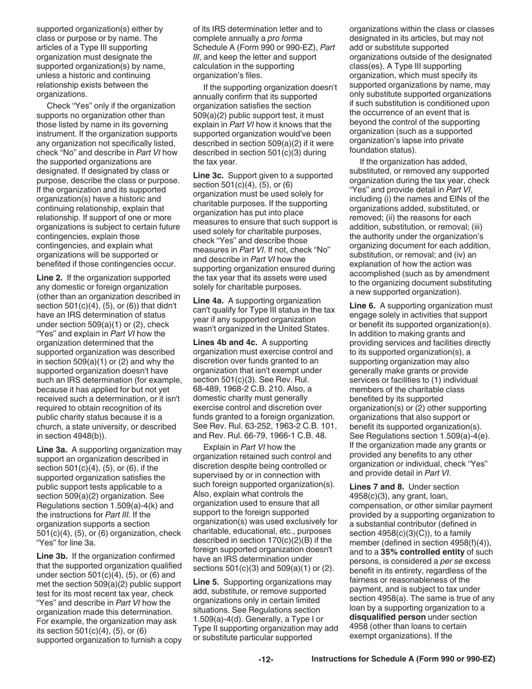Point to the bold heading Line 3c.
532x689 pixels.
[208, 175]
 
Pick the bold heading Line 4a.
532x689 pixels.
[208, 301]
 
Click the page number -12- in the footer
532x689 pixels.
[266, 660]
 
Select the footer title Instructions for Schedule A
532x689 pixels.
[403, 660]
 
